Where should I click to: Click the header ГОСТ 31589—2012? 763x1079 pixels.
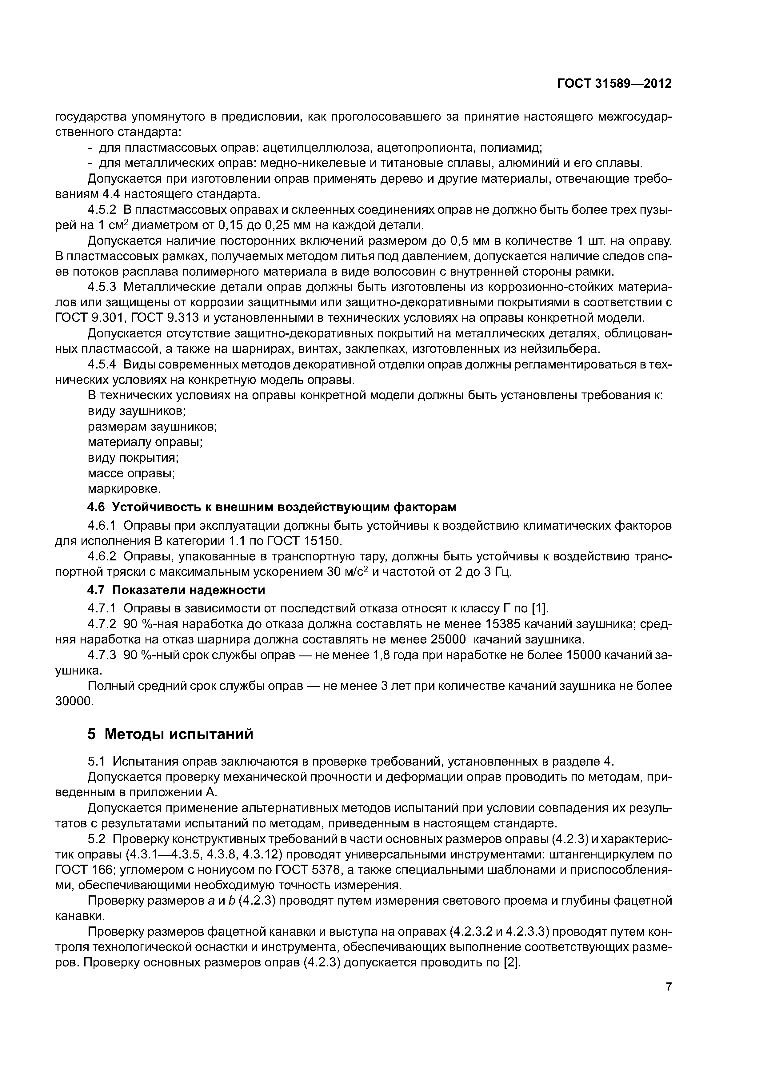(x=614, y=84)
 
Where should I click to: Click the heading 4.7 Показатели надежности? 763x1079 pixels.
(x=176, y=590)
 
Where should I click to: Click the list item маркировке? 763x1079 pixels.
(x=124, y=489)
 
